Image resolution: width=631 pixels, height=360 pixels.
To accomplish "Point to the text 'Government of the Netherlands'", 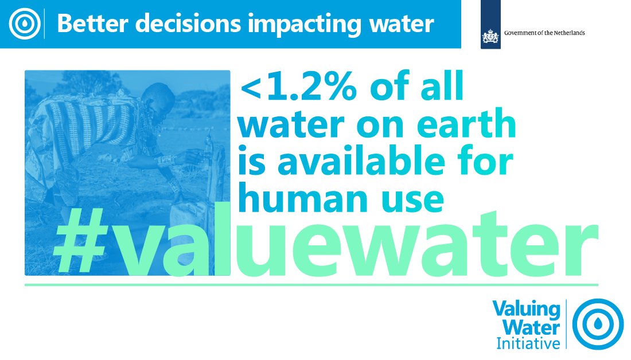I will click(544, 33).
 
